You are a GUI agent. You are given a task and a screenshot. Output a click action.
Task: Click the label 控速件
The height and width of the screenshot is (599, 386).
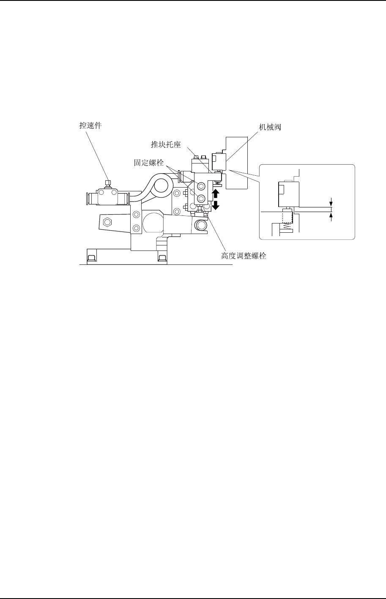pyautogui.click(x=91, y=125)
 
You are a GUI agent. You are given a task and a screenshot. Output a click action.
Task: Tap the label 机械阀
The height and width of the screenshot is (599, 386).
pyautogui.click(x=271, y=126)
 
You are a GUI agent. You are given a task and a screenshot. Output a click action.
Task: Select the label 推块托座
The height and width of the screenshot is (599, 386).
pyautogui.click(x=166, y=145)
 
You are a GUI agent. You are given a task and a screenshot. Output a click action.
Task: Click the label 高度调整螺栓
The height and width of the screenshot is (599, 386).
pyautogui.click(x=244, y=256)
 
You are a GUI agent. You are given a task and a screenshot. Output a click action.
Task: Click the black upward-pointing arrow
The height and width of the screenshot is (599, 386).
pyautogui.click(x=216, y=194)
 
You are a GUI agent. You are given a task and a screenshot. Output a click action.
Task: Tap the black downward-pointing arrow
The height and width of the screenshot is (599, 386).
pyautogui.click(x=216, y=206)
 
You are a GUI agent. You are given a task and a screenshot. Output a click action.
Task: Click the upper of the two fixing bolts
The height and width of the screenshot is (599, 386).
pyautogui.click(x=201, y=186)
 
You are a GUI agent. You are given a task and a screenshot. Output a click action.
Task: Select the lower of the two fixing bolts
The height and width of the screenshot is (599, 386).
pyautogui.click(x=201, y=198)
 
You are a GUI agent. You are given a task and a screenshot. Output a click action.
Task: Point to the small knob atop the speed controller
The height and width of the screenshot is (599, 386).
pyautogui.click(x=108, y=183)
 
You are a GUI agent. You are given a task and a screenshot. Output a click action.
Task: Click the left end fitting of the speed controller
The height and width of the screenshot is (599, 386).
pyautogui.click(x=90, y=197)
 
